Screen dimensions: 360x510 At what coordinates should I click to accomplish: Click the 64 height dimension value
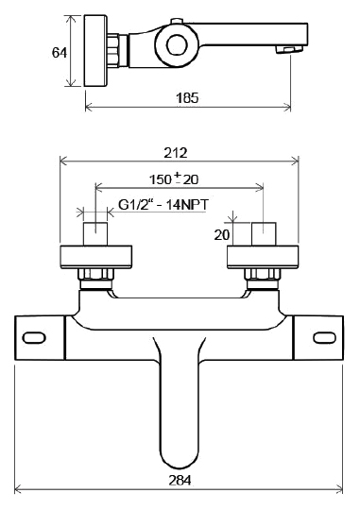pyautogui.click(x=60, y=52)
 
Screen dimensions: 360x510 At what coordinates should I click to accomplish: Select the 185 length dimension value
pyautogui.click(x=187, y=98)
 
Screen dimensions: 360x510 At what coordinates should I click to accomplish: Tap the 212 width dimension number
pyautogui.click(x=176, y=153)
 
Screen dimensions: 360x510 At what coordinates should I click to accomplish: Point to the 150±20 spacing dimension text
pyautogui.click(x=174, y=178)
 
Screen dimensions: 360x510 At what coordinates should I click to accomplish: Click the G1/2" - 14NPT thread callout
pyautogui.click(x=163, y=205)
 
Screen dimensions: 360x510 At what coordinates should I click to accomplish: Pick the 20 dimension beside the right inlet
pyautogui.click(x=222, y=234)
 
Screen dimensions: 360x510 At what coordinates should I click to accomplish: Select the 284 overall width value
pyautogui.click(x=180, y=480)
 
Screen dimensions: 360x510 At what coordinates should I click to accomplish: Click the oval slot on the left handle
pyautogui.click(x=34, y=337)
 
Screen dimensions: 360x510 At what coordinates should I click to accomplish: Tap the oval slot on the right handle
pyautogui.click(x=324, y=337)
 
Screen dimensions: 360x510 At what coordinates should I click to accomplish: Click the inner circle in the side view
pyautogui.click(x=177, y=44)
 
